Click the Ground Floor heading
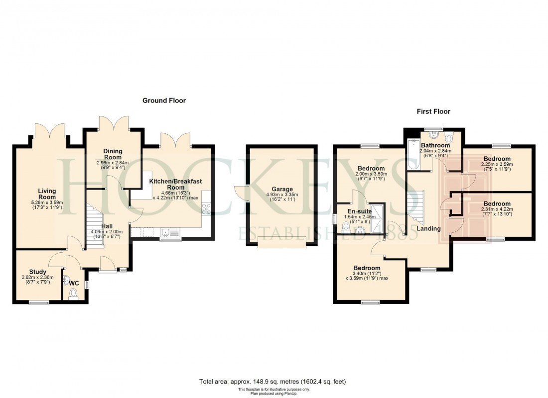click(x=164, y=100)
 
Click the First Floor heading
click(x=433, y=111)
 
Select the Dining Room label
click(x=113, y=154)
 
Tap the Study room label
click(x=37, y=272)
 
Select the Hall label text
click(x=108, y=226)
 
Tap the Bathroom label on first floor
click(x=435, y=145)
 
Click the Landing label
click(x=428, y=229)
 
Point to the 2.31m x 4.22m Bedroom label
click(x=496, y=204)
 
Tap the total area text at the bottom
click(x=273, y=382)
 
